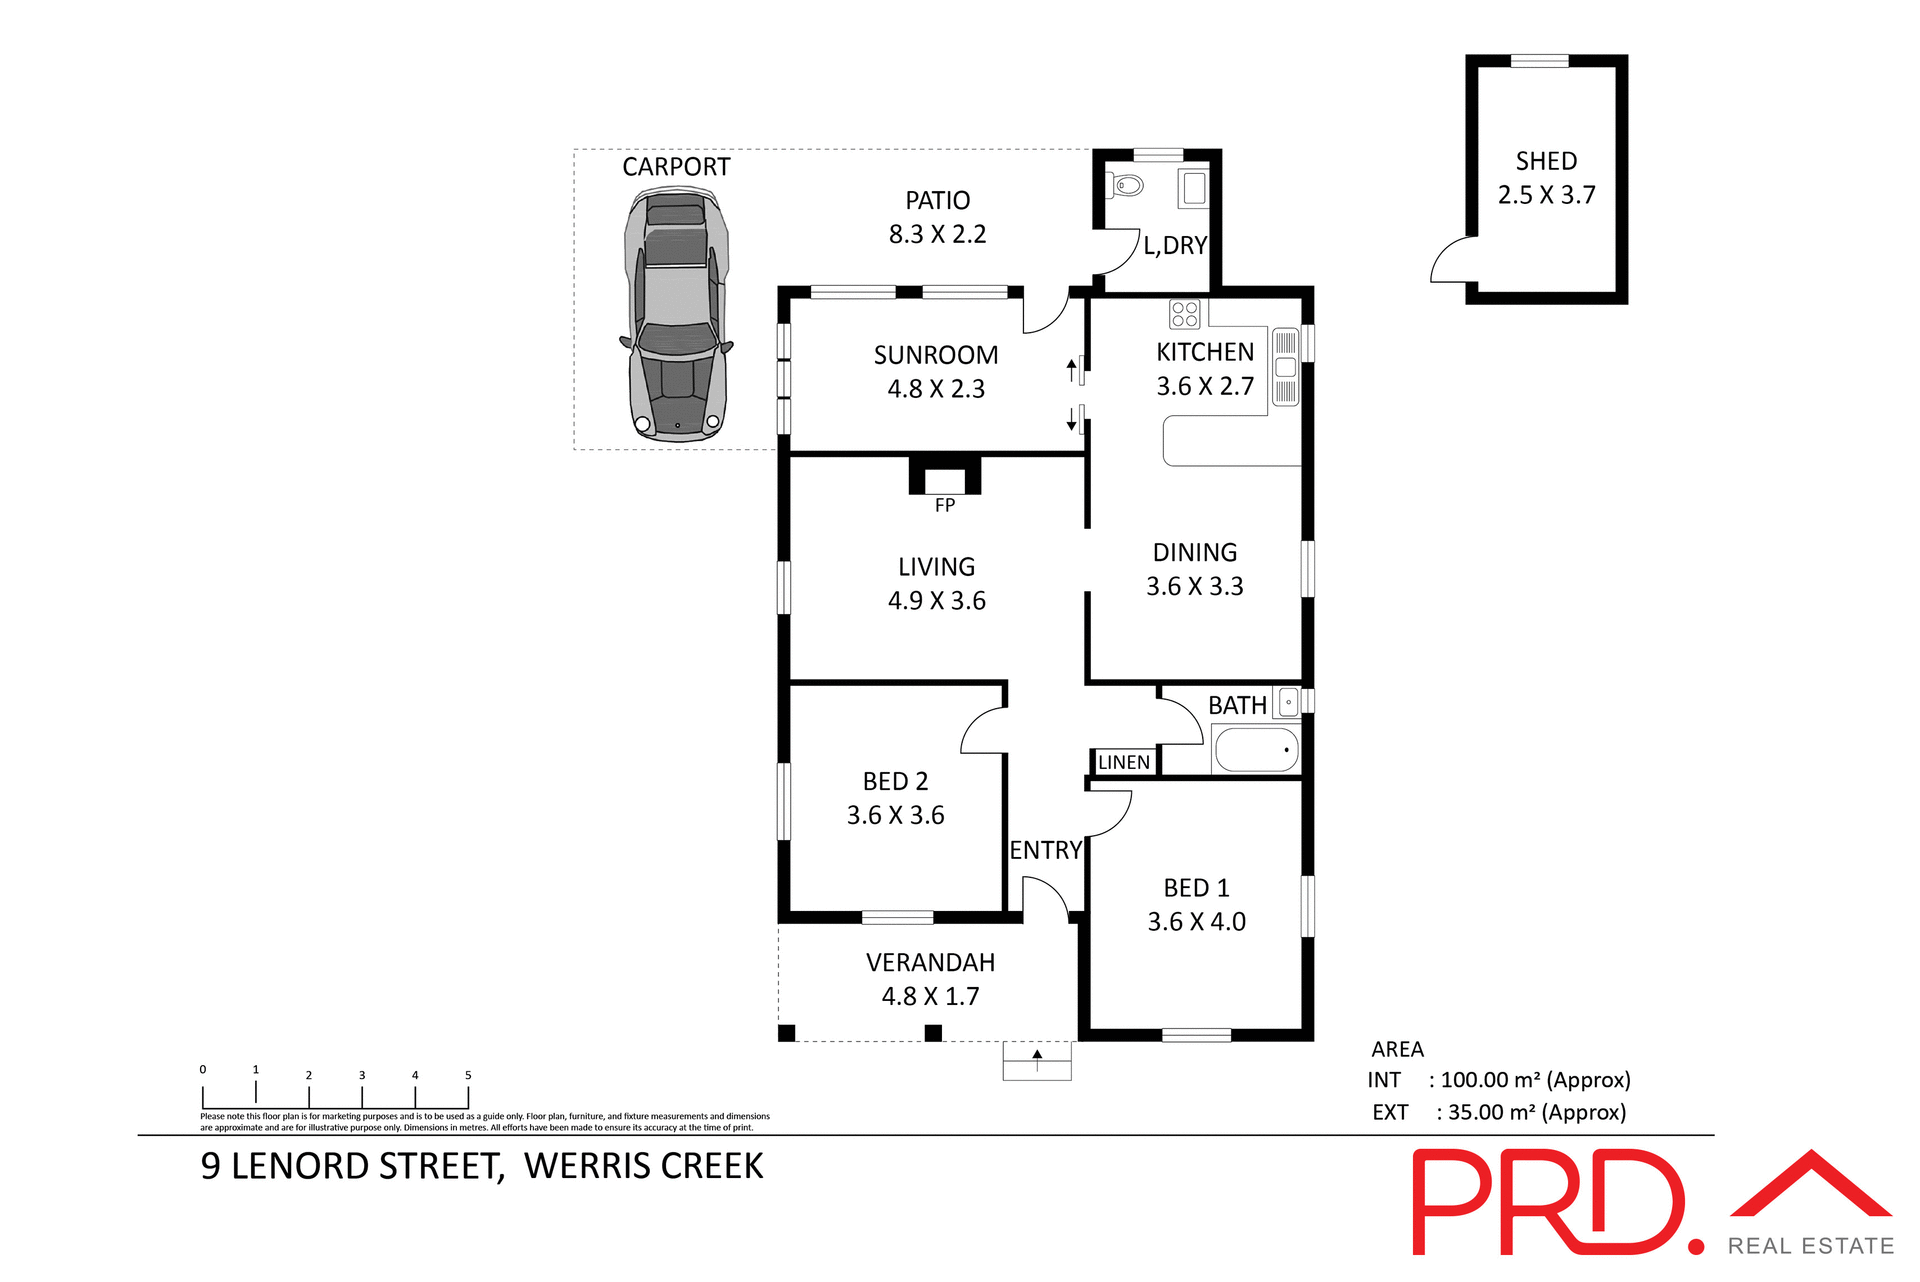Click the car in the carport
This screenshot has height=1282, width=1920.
[x=676, y=318]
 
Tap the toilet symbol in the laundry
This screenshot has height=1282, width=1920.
[x=1128, y=185]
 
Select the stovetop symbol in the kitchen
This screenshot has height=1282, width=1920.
[x=1184, y=314]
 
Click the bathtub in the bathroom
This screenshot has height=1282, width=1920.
[x=1256, y=749]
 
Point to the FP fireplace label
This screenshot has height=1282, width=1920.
[x=944, y=505]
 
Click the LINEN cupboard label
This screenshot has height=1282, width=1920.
[x=1123, y=762]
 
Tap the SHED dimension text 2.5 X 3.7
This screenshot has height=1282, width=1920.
[x=1546, y=195]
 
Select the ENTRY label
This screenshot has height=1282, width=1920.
[x=1045, y=850]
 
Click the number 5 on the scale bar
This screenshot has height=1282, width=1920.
[x=468, y=1075]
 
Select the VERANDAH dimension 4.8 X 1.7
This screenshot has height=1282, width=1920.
[x=930, y=996]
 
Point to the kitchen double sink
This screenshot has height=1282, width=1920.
[x=1285, y=367]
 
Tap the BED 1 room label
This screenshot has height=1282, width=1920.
[x=1196, y=888]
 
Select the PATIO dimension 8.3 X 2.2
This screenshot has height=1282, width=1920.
[x=937, y=234]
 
